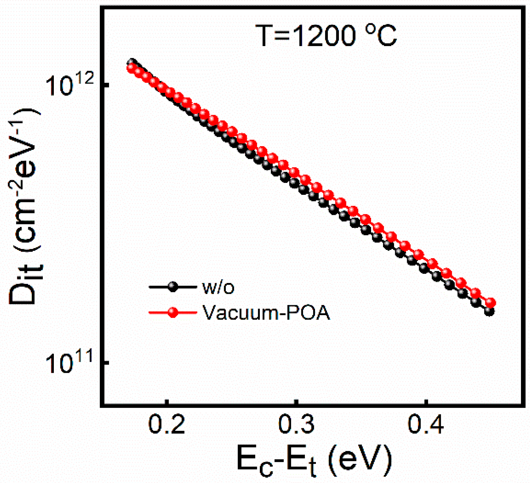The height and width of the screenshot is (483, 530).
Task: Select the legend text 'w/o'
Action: click(218, 287)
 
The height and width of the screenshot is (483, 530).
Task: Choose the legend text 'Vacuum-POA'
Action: click(266, 313)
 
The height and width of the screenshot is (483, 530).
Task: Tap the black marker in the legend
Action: click(173, 287)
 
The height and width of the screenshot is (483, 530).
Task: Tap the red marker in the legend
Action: click(173, 312)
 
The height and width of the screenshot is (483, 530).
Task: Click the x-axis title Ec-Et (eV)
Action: click(314, 461)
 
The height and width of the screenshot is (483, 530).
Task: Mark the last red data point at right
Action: click(490, 303)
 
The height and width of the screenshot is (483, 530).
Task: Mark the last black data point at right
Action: click(489, 312)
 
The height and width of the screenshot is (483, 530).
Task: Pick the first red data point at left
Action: click(131, 68)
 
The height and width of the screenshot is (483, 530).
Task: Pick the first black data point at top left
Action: click(132, 63)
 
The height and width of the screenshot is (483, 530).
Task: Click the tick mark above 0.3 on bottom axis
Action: click(296, 402)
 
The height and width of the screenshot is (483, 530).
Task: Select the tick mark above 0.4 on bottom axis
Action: click(426, 402)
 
